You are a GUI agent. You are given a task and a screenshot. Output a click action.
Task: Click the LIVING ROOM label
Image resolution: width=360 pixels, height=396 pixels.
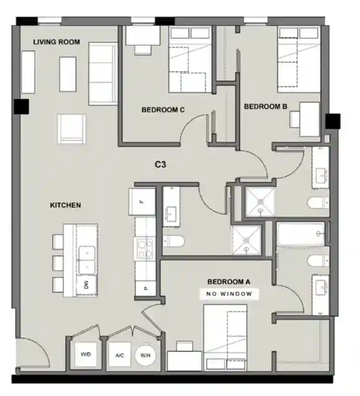click(x=57, y=42)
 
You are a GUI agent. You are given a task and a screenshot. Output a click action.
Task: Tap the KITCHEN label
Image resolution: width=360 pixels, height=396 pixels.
click(x=65, y=205)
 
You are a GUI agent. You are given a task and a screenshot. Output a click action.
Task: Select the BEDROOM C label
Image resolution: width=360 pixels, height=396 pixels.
click(x=163, y=110)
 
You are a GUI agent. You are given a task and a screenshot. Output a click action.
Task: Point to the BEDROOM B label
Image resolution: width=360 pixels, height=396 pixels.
click(x=265, y=107)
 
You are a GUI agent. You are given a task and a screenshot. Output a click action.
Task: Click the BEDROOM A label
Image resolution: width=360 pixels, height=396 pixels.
click(x=229, y=282)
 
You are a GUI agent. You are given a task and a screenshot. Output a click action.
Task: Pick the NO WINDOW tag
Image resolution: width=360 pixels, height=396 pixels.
click(x=229, y=294)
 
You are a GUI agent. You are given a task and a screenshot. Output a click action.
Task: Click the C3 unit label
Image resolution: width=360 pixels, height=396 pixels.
click(x=160, y=164)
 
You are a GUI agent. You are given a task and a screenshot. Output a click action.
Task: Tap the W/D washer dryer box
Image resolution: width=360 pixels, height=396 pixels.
click(x=86, y=355)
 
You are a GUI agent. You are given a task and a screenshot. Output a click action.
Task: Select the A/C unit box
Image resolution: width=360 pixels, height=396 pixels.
click(x=120, y=355)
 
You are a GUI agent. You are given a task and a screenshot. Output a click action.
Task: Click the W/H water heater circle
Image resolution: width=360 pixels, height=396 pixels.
click(x=144, y=355)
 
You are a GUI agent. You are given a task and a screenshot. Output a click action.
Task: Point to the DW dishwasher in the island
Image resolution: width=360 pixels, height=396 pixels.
click(x=87, y=285)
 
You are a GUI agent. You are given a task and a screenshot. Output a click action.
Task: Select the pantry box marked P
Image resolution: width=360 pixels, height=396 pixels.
click(x=145, y=288)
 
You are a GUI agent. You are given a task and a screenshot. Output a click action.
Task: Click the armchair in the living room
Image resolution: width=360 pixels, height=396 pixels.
click(x=72, y=128)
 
